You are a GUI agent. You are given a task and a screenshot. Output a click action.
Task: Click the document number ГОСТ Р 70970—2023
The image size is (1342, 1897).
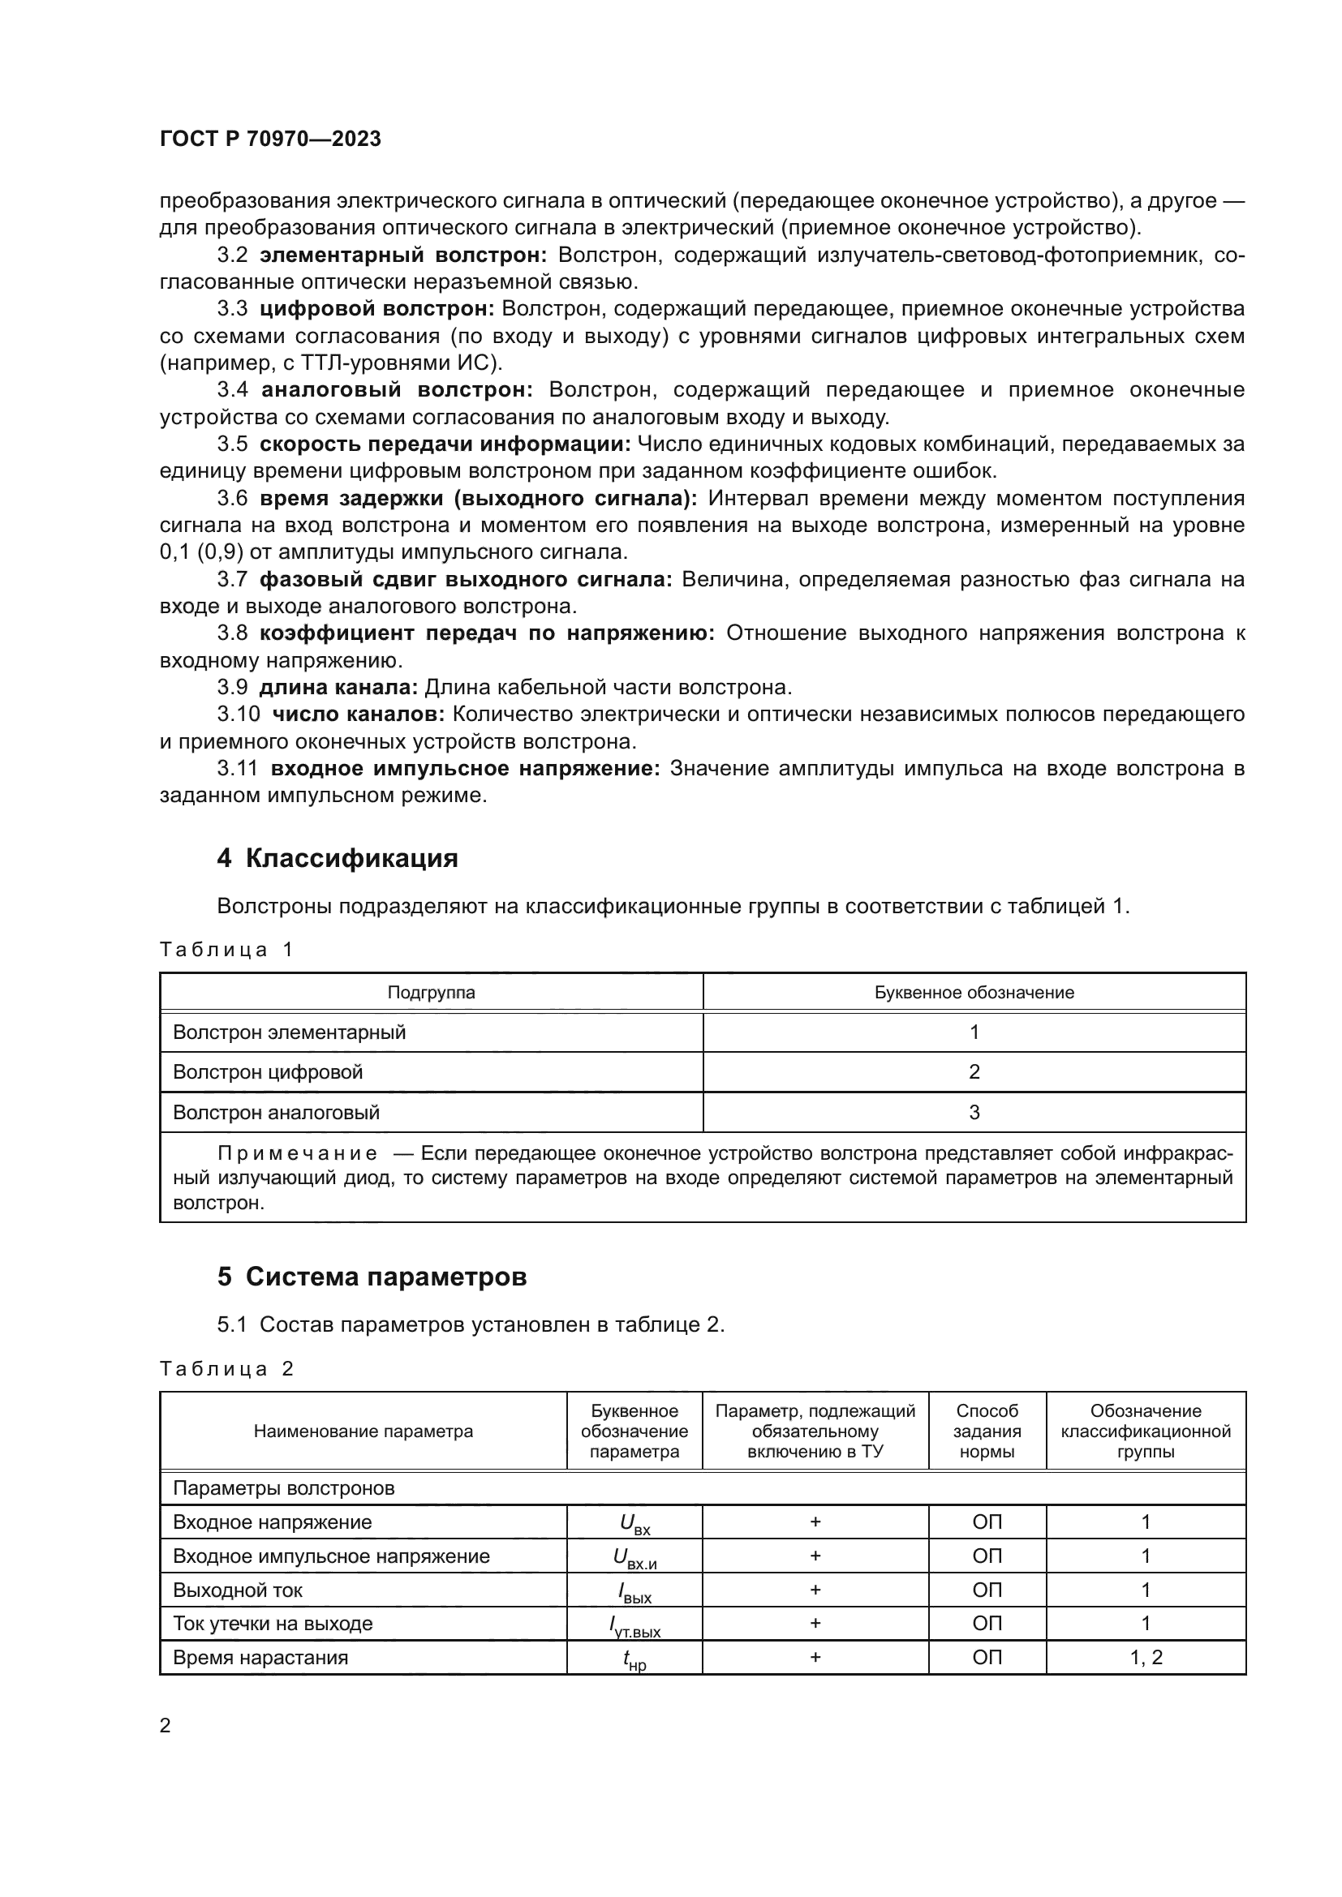tap(270, 139)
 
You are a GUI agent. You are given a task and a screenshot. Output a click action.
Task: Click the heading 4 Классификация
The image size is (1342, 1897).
tap(338, 858)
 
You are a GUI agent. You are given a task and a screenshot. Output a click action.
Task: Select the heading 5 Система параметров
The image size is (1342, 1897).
tap(372, 1277)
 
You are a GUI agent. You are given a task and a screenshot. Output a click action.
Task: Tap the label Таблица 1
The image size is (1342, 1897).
tap(226, 950)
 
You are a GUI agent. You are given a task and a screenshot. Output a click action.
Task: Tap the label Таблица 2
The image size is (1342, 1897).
tap(226, 1369)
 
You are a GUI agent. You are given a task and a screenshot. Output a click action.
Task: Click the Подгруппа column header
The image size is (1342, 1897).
tap(432, 992)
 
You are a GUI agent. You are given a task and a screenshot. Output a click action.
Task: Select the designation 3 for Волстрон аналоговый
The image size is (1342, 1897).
tap(974, 1113)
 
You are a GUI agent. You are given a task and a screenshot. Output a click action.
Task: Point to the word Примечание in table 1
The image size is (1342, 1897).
tap(299, 1153)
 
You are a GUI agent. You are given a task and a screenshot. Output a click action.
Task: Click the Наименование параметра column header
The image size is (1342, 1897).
tap(363, 1431)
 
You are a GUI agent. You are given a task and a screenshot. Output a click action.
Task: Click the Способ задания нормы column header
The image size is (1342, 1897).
tap(987, 1431)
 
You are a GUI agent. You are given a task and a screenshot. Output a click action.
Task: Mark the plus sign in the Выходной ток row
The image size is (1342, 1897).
tap(815, 1590)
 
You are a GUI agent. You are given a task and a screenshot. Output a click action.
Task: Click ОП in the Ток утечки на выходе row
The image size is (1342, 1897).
tap(987, 1624)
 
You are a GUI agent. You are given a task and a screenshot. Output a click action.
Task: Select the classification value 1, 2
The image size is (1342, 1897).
tap(1146, 1658)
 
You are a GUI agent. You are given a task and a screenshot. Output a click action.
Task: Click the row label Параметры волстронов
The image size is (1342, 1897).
tap(283, 1489)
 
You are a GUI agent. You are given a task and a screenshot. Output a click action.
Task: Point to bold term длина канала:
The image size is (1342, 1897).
tap(339, 688)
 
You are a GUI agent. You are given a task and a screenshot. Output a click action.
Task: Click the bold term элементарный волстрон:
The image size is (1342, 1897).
tap(403, 255)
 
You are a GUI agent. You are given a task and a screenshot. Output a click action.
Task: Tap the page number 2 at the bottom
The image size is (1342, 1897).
tap(166, 1726)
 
